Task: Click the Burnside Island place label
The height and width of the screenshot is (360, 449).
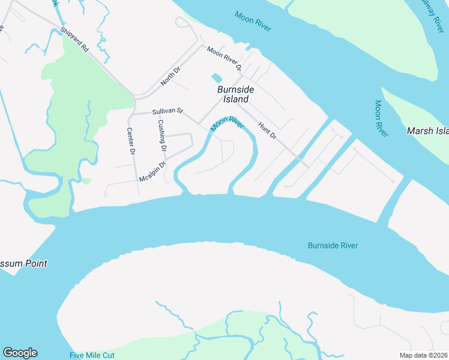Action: click(235, 94)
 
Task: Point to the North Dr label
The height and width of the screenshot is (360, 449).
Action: click(170, 76)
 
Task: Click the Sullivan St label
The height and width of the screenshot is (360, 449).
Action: click(167, 112)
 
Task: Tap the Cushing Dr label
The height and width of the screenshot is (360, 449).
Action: click(161, 134)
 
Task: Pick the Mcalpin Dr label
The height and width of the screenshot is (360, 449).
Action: click(152, 172)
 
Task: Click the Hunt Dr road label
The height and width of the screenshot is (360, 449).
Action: click(267, 131)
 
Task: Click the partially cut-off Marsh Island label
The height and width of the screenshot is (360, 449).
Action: click(427, 131)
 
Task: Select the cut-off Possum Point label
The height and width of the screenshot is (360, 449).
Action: click(23, 263)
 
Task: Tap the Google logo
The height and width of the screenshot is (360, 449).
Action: click(20, 353)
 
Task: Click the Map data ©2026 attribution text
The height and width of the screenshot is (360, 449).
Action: click(424, 355)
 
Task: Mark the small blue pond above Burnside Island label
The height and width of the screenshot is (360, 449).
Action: click(216, 78)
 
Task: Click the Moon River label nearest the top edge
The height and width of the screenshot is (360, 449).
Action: click(253, 22)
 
